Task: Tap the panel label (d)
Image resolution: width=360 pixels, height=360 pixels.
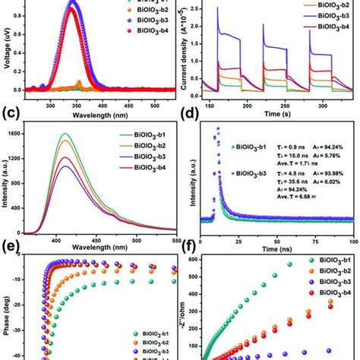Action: click(191, 116)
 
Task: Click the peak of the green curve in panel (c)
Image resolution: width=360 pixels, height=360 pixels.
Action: click(65, 134)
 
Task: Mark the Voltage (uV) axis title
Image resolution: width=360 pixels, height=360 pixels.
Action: click(7, 46)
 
